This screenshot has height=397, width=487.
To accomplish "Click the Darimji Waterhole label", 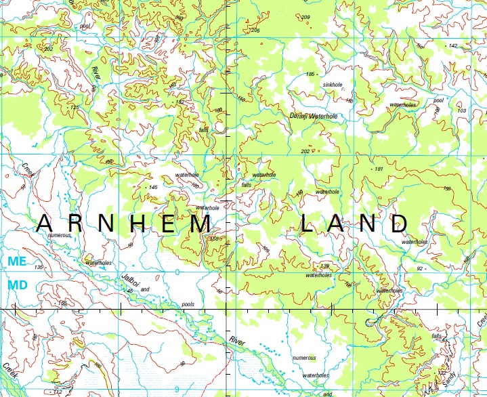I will [313, 117].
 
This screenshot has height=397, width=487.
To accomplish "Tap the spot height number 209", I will [305, 17].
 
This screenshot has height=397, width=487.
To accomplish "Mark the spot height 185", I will [311, 74].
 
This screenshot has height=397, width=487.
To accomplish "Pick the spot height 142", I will [453, 45].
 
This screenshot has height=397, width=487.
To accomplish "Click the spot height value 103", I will [462, 110].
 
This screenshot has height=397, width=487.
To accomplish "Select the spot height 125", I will [75, 107].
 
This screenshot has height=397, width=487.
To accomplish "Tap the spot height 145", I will [152, 187].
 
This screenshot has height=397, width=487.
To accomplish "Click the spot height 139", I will [324, 266].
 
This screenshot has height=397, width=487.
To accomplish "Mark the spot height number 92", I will [420, 269].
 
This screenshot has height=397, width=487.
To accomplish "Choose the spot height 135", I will [39, 268].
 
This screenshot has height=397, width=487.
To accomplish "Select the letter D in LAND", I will [398, 223].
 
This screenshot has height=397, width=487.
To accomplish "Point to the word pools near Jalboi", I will [188, 304].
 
